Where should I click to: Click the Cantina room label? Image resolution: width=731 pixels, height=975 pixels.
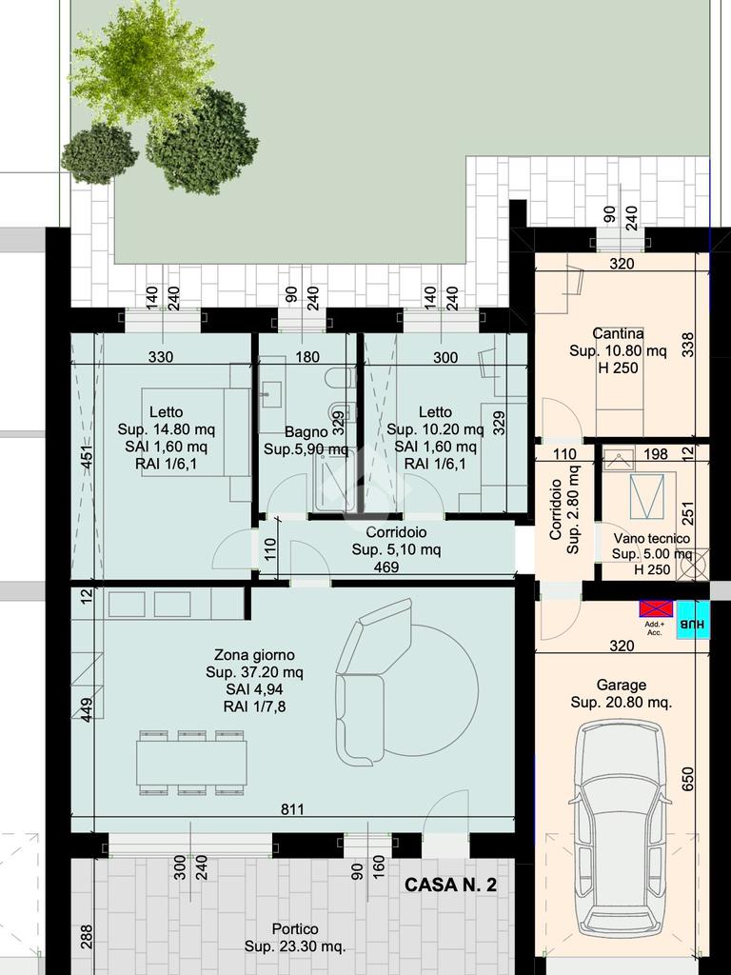618,334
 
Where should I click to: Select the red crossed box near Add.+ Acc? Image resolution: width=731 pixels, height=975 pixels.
657,608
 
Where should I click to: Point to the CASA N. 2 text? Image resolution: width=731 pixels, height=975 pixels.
450,885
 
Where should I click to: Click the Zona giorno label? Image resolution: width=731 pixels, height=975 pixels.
254,655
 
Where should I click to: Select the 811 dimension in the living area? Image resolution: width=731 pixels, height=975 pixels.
293,809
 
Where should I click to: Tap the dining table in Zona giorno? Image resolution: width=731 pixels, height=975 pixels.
192,763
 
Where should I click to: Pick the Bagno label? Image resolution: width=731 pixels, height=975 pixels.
306,431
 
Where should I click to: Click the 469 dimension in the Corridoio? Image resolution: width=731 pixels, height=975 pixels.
386,567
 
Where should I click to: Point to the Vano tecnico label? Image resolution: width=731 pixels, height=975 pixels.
651,539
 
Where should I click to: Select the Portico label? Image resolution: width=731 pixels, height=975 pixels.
295,929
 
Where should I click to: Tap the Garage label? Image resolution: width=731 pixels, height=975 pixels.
621,685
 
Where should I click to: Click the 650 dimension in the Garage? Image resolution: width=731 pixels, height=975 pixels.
687,779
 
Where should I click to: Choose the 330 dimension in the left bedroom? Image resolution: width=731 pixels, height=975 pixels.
161,357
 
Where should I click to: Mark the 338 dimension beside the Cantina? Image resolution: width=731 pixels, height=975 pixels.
687,345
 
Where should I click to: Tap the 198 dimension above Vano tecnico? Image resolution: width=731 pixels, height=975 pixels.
655,454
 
